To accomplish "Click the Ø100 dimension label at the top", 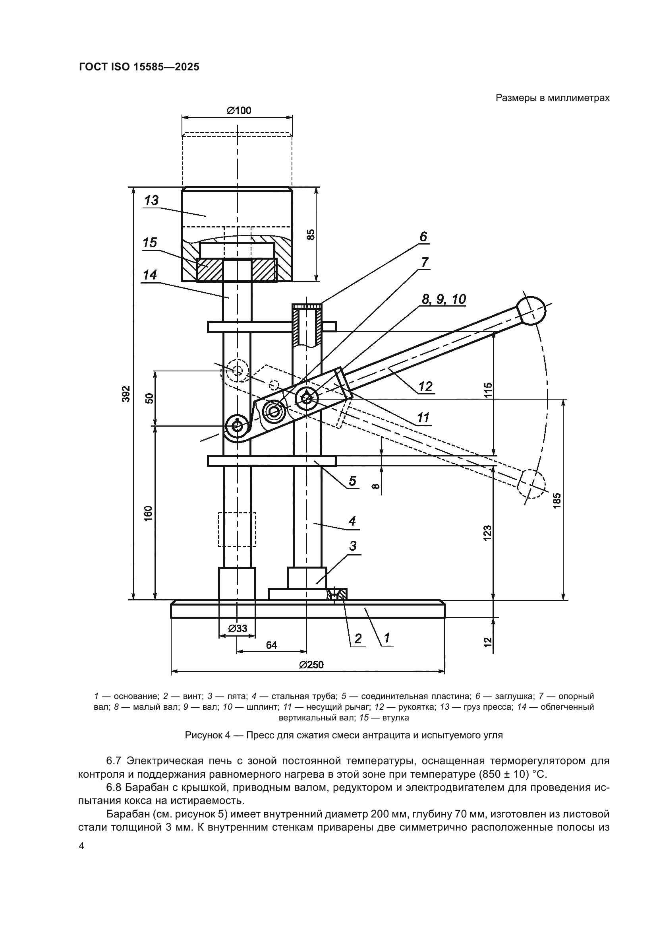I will click(239, 110).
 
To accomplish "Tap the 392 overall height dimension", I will click(127, 394).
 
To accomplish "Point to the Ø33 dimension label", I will click(238, 628).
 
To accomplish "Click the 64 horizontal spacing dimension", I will click(271, 645).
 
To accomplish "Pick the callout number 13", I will click(151, 200).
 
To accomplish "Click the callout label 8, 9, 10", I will click(443, 299).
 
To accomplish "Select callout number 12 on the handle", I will click(425, 386).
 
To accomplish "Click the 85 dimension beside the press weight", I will click(311, 235).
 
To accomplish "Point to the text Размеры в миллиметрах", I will click(552, 98).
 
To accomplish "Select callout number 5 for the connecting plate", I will click(352, 481).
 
